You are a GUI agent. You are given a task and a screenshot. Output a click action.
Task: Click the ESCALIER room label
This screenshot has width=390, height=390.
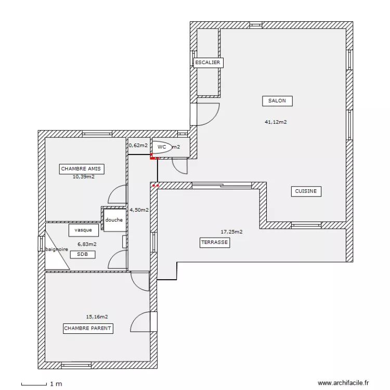pos(207,63)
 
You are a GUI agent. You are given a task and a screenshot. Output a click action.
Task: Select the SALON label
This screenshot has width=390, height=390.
pos(277,101)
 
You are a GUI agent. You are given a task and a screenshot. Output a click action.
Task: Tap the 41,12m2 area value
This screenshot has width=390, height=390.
pos(276,122)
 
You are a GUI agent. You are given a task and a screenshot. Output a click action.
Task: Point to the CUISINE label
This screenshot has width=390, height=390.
pos(306,191)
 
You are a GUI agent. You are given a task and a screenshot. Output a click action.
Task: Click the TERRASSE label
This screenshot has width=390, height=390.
pos(215,242)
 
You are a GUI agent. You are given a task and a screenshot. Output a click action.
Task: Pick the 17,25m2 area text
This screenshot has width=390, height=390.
pos(232,232)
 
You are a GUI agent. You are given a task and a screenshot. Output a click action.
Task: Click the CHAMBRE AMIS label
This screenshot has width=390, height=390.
pos(81,169)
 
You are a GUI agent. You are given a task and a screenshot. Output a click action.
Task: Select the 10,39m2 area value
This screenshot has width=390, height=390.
pos(84,177)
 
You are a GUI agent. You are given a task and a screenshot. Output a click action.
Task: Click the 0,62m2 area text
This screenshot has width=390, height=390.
pos(138,146)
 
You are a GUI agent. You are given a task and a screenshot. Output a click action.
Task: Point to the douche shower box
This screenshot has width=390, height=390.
pos(114,220)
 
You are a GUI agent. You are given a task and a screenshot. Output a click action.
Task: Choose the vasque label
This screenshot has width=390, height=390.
pos(83,230)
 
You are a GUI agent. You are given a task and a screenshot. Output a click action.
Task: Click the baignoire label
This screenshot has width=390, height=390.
pos(57,250)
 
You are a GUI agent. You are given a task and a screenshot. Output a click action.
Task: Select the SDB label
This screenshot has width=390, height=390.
pos(83,254)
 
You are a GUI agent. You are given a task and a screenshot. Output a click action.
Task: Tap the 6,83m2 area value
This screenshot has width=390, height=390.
pos(87,244)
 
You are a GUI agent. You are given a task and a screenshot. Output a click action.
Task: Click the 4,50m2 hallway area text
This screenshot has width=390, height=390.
pos(139,210)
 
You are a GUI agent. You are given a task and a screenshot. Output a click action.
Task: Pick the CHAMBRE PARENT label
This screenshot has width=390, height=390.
pos(88,329)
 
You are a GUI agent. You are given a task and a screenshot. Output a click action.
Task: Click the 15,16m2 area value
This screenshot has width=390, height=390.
pos(97,317)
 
